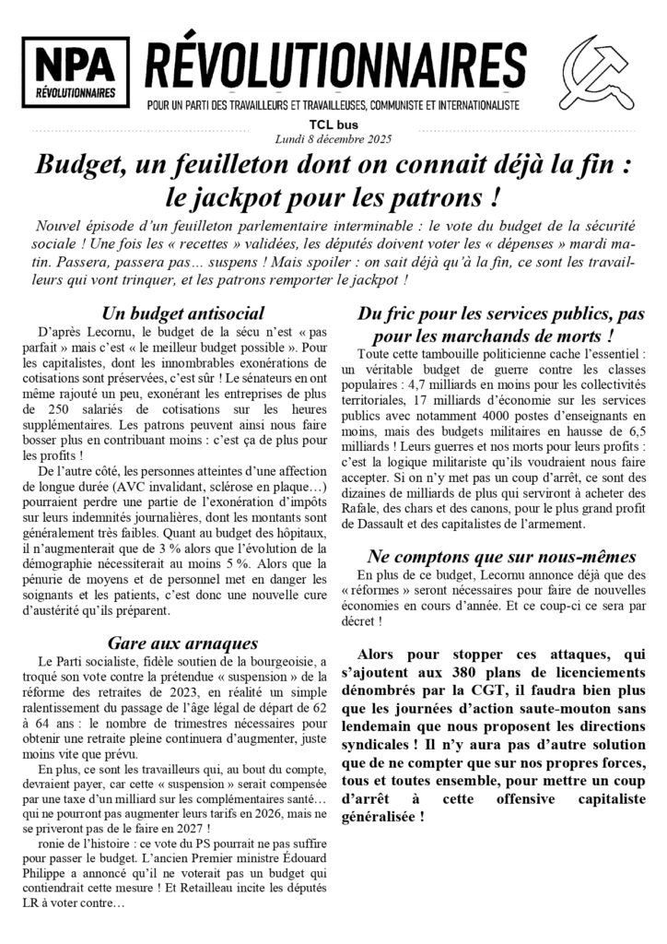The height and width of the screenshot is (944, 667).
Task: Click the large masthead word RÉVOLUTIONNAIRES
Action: pos(336,65)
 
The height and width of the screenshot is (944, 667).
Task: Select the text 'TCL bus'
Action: pos(333,125)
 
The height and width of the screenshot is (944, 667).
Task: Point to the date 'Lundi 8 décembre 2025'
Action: pos(333,139)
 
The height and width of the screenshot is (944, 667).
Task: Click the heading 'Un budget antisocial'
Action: pos(185,313)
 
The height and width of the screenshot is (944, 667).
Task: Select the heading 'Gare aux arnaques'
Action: pos(181,643)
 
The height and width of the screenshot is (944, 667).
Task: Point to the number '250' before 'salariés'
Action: pos(64,383)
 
